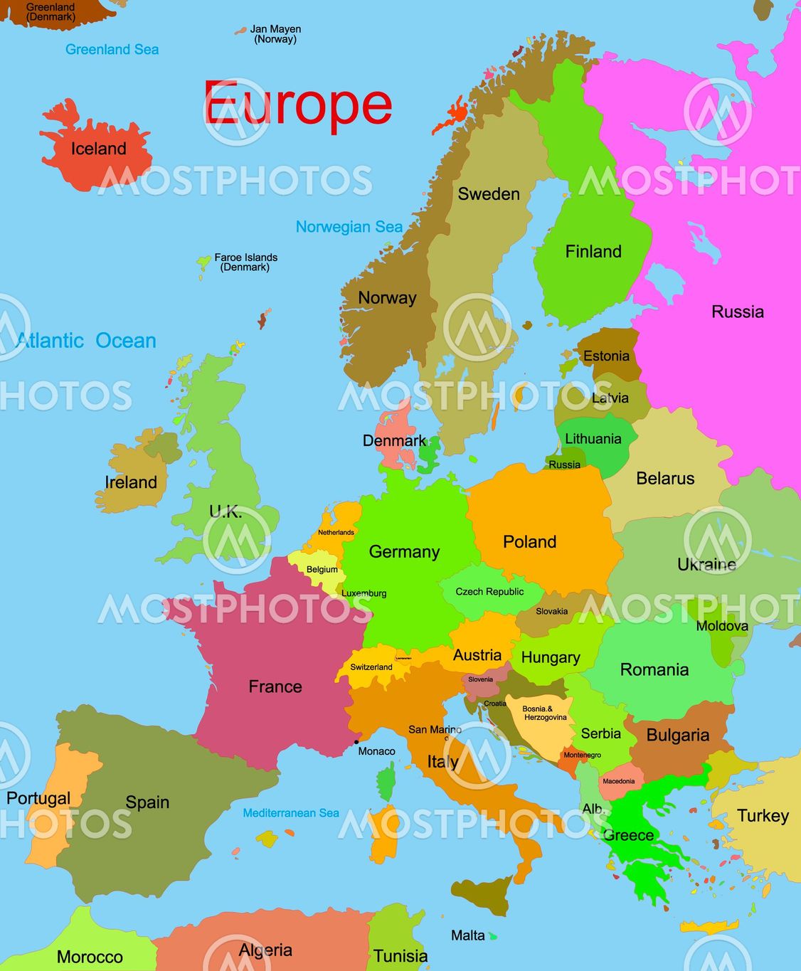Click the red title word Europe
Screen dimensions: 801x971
coord(297,104)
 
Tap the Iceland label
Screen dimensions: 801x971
coord(98,149)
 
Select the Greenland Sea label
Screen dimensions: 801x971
coord(112,49)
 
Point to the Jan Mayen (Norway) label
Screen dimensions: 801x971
coord(275,34)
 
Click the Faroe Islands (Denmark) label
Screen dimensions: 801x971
coord(245,262)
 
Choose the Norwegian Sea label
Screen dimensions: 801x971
coord(349,227)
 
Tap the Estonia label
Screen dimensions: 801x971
coord(606,356)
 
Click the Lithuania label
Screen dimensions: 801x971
coord(593,439)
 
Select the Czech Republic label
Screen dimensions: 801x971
coord(489,592)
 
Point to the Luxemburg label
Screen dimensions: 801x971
coord(364,593)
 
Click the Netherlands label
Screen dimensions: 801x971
coord(336,532)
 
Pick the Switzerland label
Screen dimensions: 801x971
coord(371,667)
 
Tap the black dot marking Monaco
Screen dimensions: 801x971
coord(356,743)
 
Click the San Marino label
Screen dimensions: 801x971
coord(435,729)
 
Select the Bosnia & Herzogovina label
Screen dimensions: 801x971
coord(545,713)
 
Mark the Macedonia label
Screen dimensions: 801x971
coord(618,781)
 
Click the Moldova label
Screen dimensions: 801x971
coord(721,626)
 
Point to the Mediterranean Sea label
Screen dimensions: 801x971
coord(290,812)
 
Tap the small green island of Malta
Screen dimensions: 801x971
coord(492,937)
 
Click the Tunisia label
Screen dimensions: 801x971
coord(400,956)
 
